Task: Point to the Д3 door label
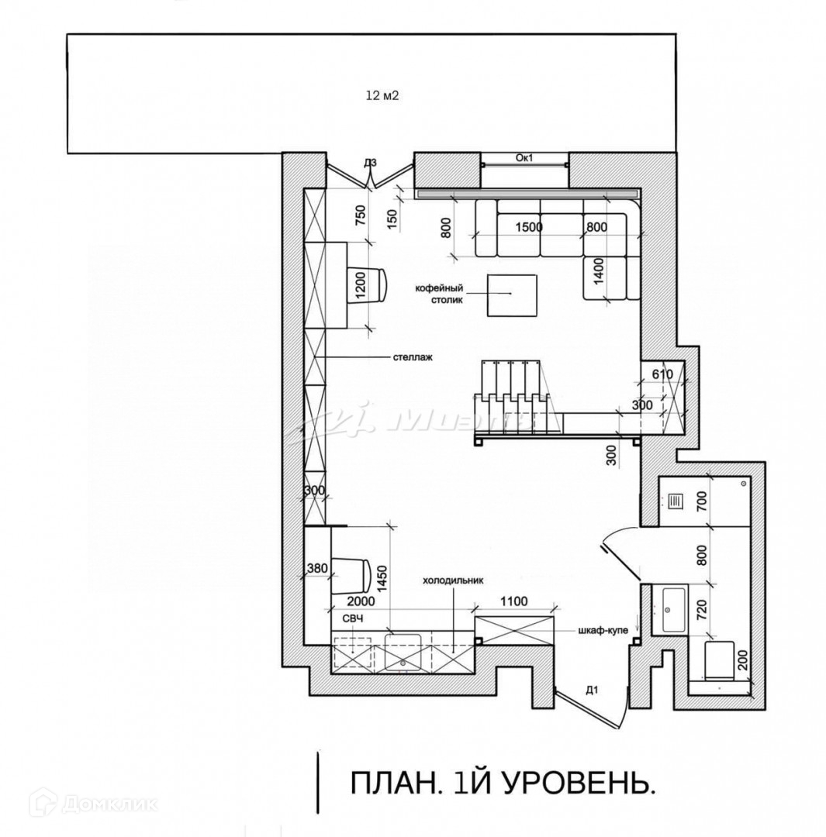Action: [x=370, y=163]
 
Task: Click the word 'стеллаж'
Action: [x=413, y=358]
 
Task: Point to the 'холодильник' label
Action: [x=452, y=580]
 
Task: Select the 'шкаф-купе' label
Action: [x=602, y=630]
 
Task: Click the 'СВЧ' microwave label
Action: [x=354, y=618]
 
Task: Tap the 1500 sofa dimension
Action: [x=529, y=227]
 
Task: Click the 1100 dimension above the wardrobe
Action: [x=513, y=601]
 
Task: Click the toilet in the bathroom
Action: [x=717, y=659]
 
